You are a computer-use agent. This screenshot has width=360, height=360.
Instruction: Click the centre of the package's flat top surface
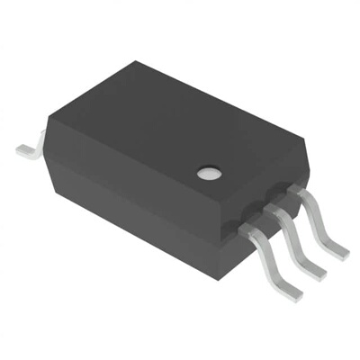[x=171, y=126]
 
